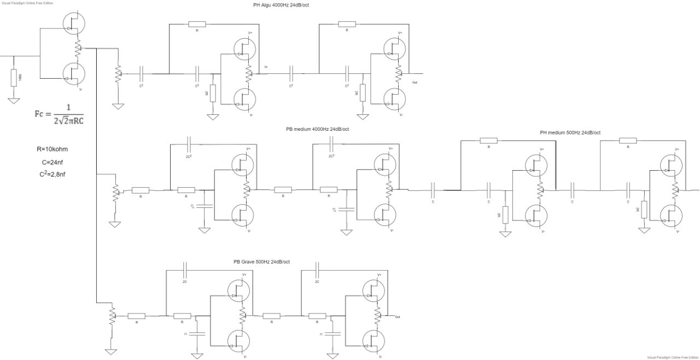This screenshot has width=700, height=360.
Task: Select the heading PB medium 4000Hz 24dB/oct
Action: click(317, 129)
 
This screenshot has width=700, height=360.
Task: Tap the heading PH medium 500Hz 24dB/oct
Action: click(570, 132)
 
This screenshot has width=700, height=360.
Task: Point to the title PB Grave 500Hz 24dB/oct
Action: click(261, 262)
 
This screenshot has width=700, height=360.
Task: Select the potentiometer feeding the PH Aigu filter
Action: click(117, 73)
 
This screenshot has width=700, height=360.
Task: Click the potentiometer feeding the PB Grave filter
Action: click(112, 316)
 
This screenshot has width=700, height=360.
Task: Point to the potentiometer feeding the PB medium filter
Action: click(115, 192)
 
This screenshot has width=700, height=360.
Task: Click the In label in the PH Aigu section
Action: click(266, 67)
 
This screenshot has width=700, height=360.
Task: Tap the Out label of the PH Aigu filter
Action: click(415, 82)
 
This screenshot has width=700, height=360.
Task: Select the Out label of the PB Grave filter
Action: click(397, 317)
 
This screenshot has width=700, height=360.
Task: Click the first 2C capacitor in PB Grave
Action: click(185, 270)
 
